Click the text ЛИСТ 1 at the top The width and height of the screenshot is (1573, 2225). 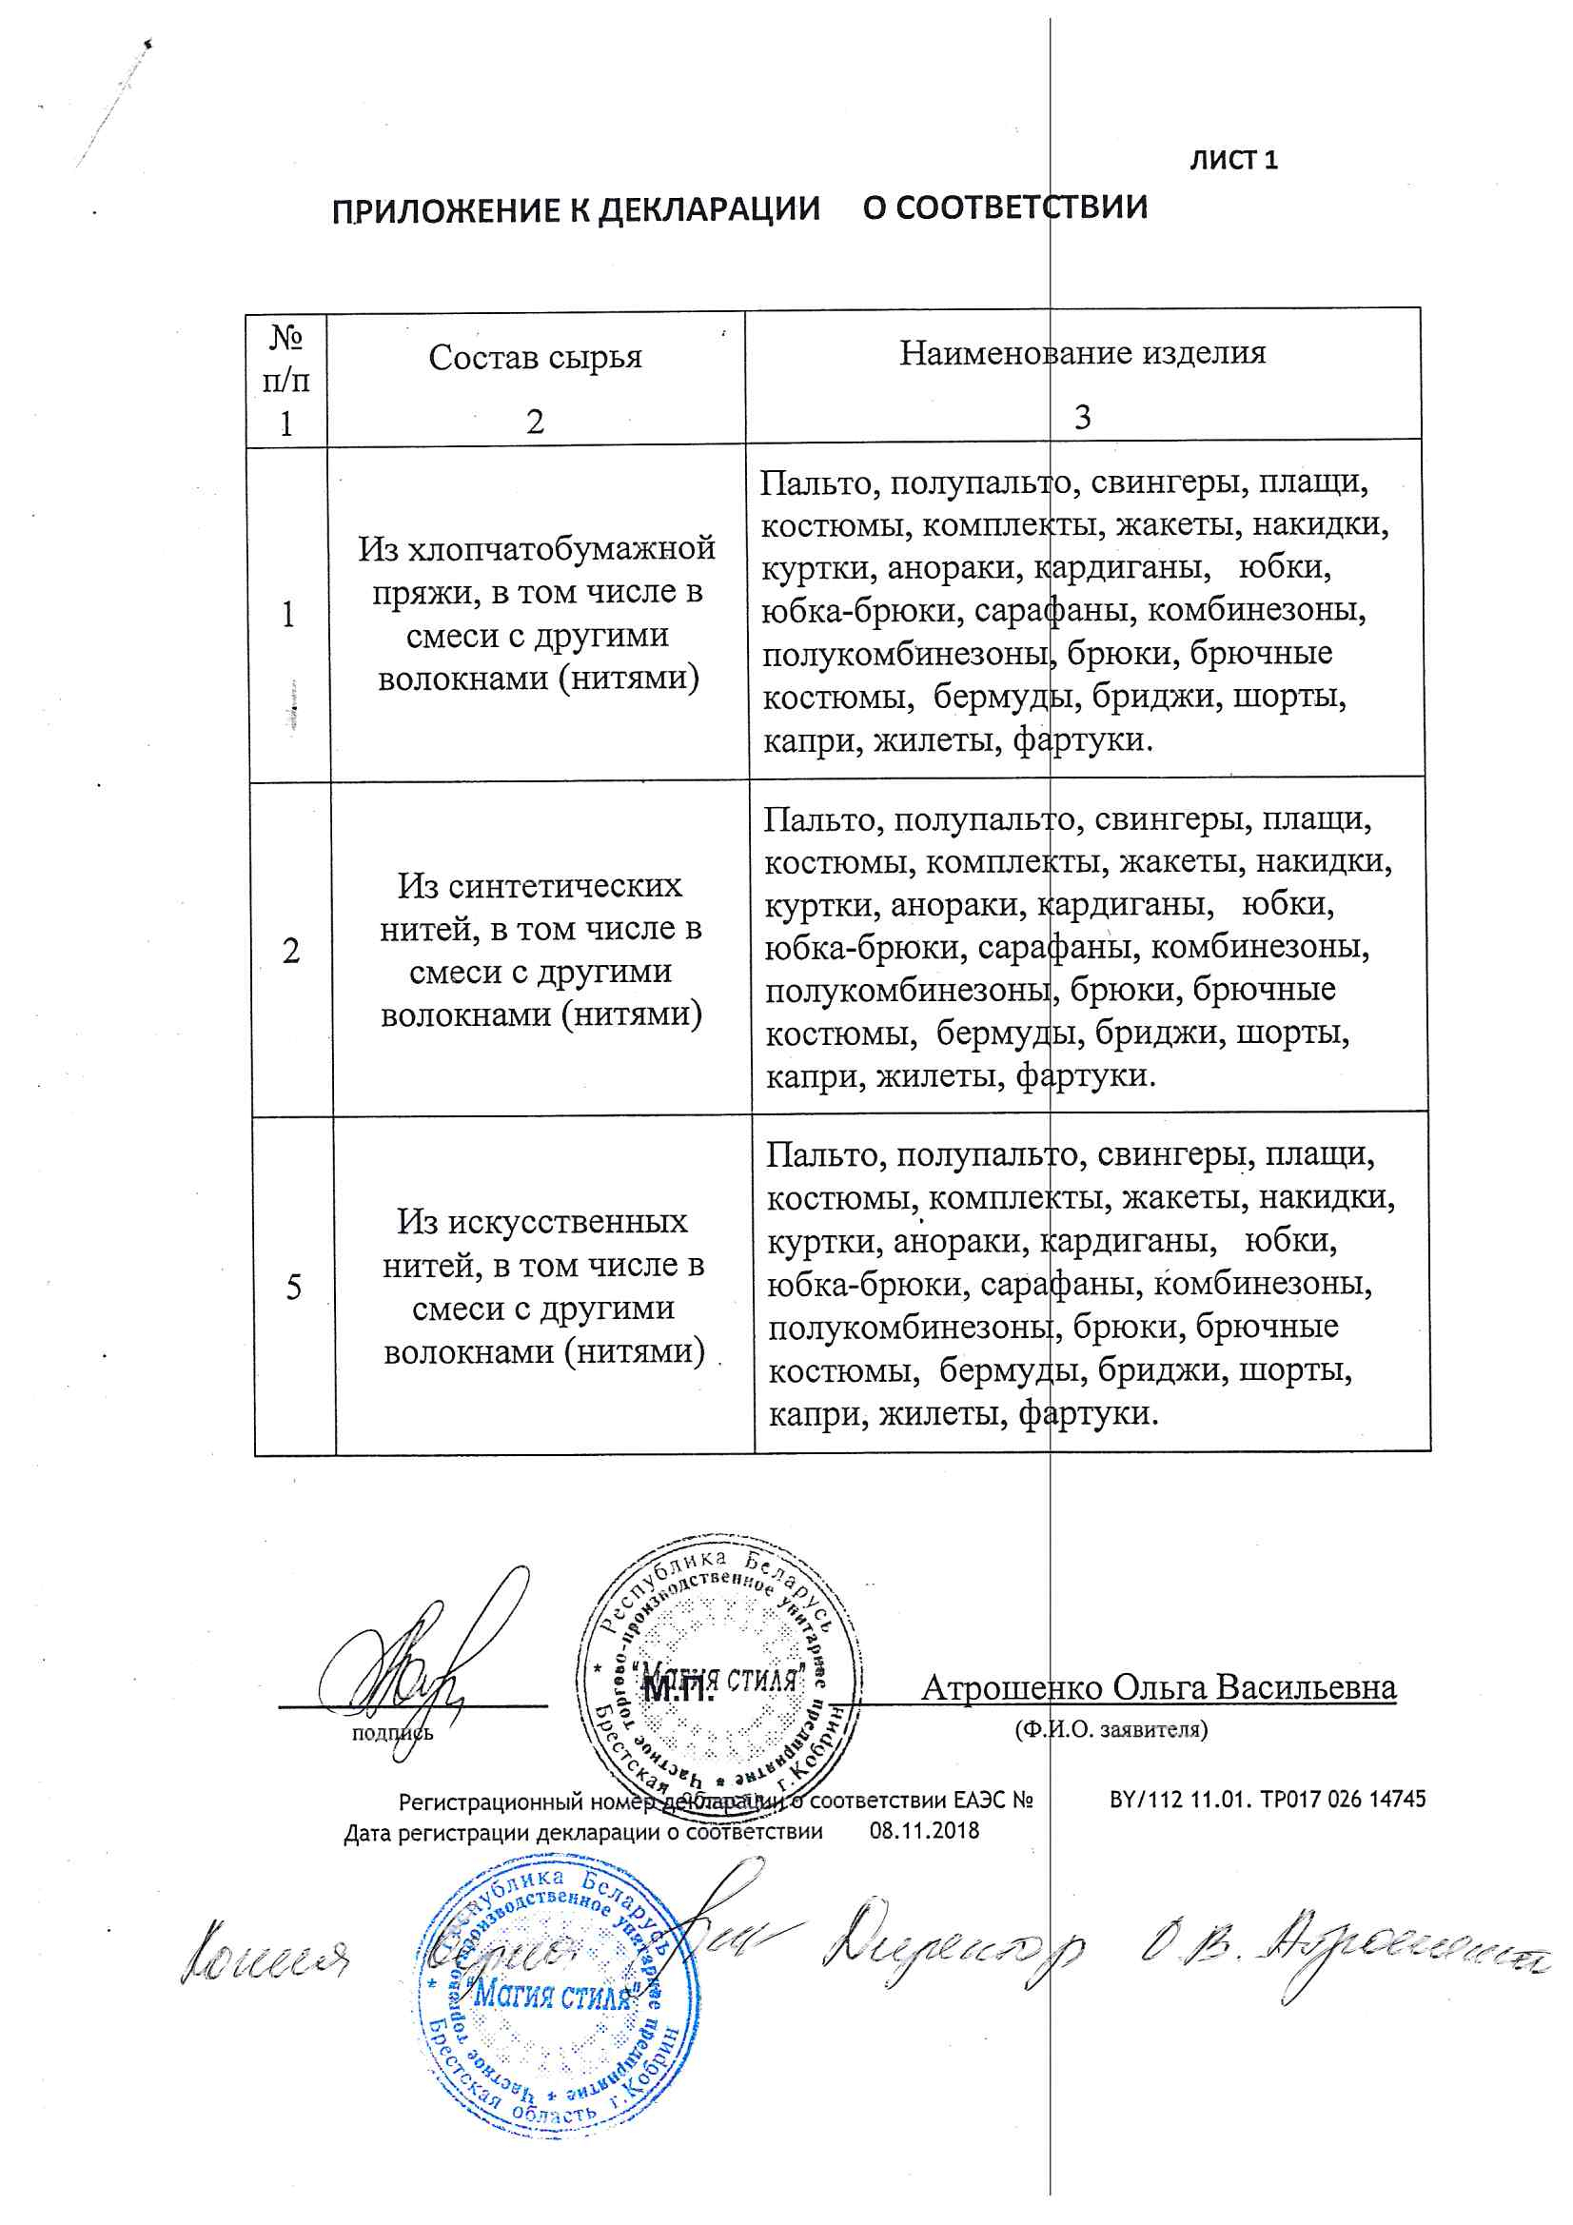(1233, 160)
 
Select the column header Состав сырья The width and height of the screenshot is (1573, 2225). (535, 357)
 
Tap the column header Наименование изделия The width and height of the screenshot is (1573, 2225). (1082, 352)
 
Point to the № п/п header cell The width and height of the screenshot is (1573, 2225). (285, 379)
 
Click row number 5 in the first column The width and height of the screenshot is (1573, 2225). (294, 1287)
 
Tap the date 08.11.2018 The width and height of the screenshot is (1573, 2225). (924, 1831)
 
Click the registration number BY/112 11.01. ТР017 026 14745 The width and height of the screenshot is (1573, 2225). (1267, 1800)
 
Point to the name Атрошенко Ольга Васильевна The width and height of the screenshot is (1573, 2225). (1158, 1687)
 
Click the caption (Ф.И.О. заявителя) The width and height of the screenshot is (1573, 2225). (1111, 1729)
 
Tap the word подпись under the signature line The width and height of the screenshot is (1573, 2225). (392, 1732)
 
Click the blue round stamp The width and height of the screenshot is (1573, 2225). (560, 1996)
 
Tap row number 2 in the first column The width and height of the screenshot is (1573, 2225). (291, 951)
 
